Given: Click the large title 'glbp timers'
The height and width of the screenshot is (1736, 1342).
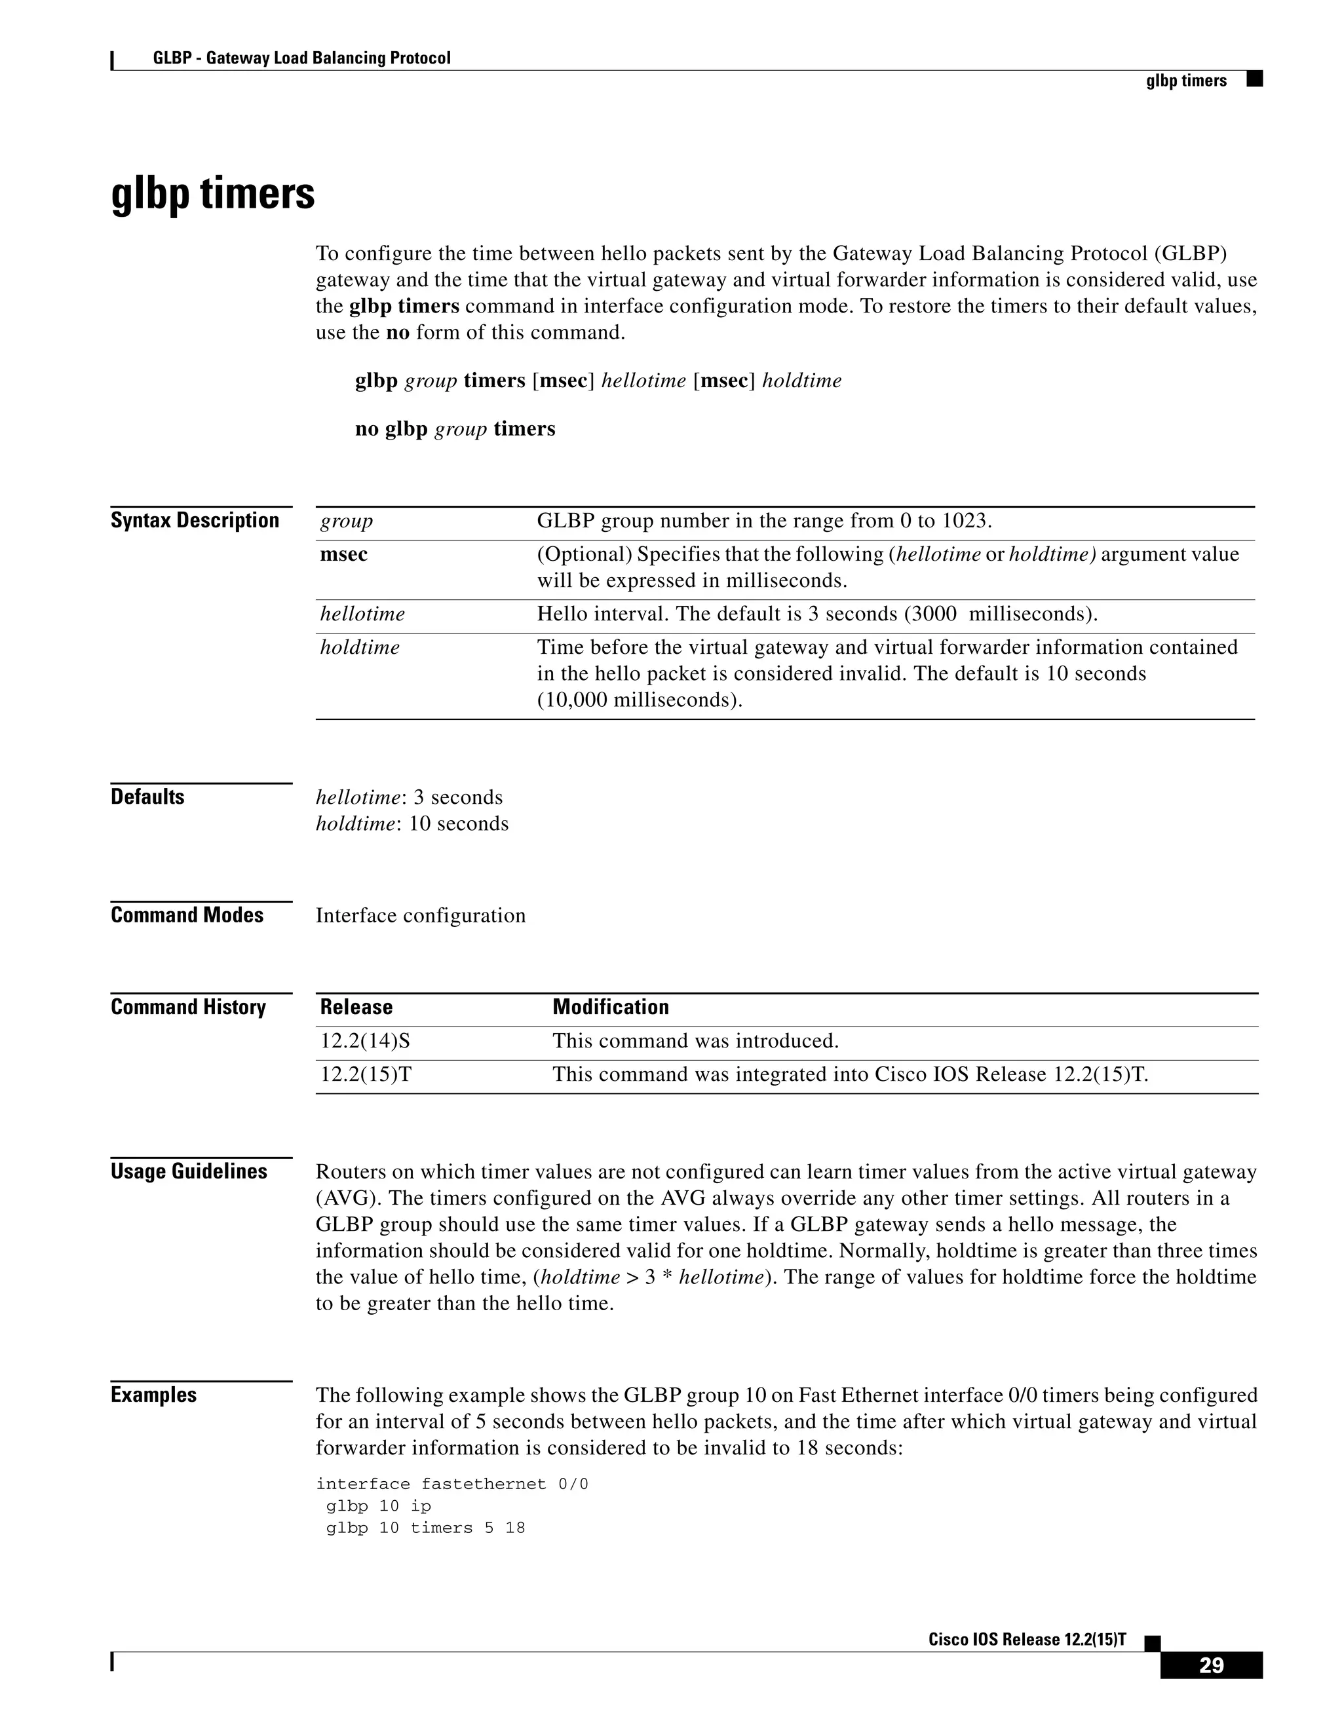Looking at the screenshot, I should pos(212,193).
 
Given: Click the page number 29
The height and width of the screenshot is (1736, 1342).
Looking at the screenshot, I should pos(1211,1665).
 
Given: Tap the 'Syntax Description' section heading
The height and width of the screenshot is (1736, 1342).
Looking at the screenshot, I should pos(195,521).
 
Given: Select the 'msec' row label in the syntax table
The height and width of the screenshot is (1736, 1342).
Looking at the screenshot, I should pos(343,555).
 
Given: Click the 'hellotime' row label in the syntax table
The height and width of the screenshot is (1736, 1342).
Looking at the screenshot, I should pos(362,614).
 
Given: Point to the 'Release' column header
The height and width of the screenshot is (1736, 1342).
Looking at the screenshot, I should pos(356,1007).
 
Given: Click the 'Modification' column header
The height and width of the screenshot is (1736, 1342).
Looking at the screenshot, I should pos(611,1007).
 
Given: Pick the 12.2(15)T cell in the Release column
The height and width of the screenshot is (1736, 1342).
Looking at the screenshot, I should pos(366,1074).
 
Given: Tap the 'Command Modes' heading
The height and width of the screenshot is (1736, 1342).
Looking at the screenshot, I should pos(187,915).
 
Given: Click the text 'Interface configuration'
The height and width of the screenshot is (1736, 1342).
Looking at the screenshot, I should pos(421,916).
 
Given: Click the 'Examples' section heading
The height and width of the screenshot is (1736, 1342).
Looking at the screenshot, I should pos(153,1395).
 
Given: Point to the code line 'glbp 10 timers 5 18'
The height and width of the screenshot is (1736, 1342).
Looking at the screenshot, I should pos(425,1528).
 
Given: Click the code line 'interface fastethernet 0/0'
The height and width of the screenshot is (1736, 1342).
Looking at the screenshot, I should pos(451,1484).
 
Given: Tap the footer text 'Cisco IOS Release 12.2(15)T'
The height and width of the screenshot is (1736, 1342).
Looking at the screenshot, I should pos(1027,1639).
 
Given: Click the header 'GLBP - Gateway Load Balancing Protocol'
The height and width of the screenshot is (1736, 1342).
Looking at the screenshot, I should pos(301,58).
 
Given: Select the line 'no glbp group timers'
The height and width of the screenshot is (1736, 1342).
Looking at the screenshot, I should pos(455,429).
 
